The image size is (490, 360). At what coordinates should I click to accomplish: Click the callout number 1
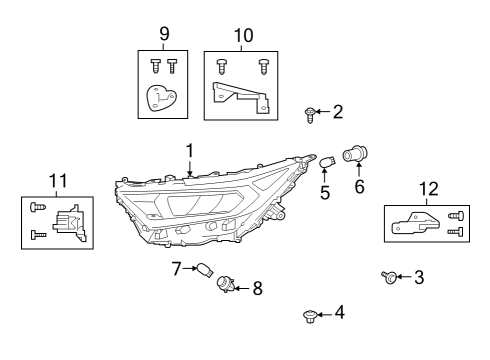coord(187,150)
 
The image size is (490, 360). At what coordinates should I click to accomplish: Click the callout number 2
coord(337,111)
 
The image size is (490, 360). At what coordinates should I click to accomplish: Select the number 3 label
coord(418,277)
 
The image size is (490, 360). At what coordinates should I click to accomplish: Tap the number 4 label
coord(339,313)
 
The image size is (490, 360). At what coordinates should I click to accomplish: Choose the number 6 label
coord(358,186)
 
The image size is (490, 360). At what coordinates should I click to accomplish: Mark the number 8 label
coord(257,289)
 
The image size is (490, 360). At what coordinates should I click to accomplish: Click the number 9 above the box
coord(164,33)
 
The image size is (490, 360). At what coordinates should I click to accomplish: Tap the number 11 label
coord(58,180)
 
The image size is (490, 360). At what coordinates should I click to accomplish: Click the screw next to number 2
coord(311,114)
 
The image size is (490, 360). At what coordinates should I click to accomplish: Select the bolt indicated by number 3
coord(386,277)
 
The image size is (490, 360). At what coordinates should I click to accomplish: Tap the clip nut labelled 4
coord(309,317)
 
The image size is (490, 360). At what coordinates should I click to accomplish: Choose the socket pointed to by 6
coord(353,154)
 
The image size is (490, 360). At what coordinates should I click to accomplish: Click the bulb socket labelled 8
coord(226,287)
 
